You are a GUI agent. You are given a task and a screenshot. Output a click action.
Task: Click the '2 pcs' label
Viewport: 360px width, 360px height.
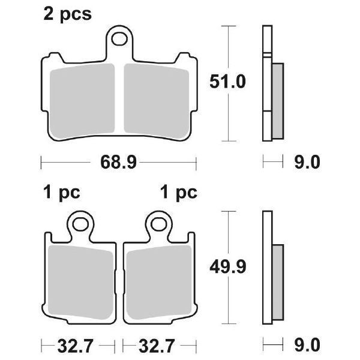(67, 14)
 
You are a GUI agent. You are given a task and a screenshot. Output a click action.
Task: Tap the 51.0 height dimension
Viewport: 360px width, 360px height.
(227, 82)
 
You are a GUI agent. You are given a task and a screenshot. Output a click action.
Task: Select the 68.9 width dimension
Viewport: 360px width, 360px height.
(118, 163)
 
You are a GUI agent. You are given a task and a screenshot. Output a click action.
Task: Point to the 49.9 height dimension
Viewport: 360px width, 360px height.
(228, 267)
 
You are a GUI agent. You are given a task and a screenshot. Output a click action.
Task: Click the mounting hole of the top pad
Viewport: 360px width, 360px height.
(119, 39)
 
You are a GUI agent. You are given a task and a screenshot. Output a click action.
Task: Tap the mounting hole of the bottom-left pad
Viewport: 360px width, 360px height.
(80, 224)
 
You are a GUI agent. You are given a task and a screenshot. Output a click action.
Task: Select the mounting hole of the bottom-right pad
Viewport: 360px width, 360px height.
(159, 224)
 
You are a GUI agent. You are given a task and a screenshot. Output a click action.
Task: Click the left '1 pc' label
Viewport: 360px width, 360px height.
(62, 193)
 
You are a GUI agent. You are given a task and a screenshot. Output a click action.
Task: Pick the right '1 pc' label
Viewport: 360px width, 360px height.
(179, 193)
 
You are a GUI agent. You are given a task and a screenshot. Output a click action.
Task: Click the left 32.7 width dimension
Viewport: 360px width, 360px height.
(76, 346)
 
